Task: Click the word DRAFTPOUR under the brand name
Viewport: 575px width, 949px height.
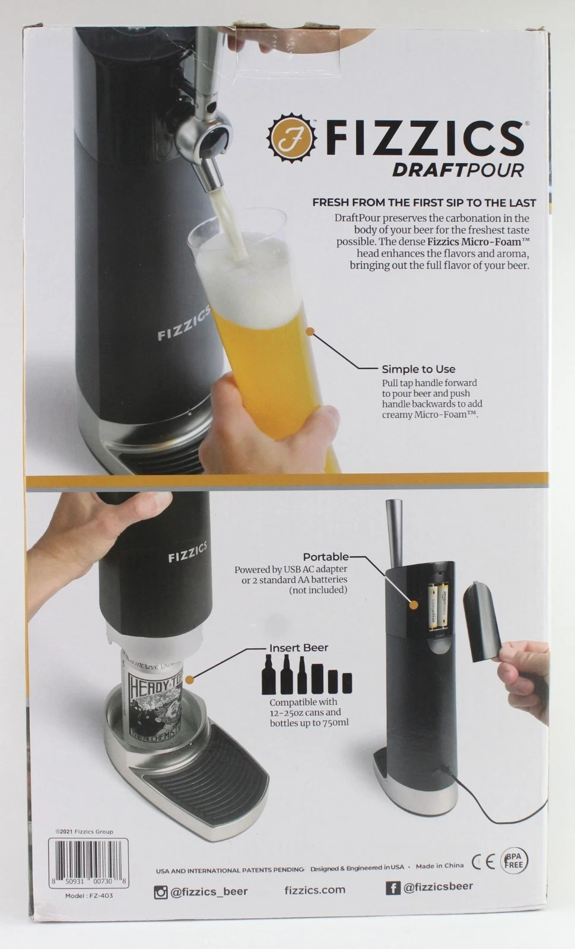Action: point(458,170)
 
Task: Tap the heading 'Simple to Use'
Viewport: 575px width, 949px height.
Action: point(418,369)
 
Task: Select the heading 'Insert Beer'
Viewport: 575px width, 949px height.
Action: point(298,648)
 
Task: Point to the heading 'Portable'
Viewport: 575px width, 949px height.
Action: point(326,557)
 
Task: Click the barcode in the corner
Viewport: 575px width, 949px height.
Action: point(89,862)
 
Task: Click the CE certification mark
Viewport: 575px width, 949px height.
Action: point(484,861)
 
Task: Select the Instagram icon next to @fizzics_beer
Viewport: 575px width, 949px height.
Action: point(161,891)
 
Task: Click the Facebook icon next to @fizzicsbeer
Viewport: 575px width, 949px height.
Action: point(393,888)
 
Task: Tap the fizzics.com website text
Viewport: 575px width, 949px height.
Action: point(314,890)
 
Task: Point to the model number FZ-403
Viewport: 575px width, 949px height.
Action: point(89,896)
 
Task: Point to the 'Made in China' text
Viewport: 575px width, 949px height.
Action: point(439,866)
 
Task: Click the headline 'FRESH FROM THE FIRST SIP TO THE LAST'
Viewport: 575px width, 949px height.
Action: point(424,202)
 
